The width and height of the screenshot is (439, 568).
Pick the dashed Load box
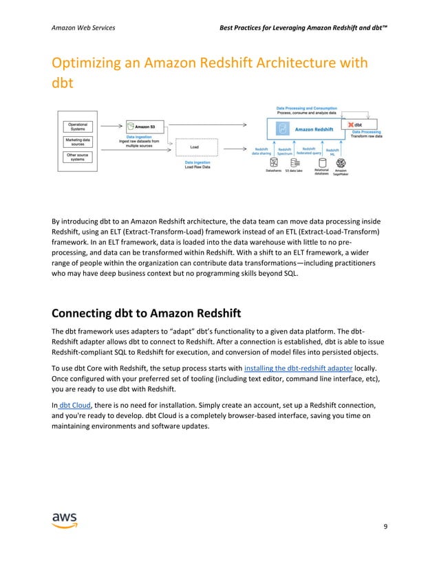coord(195,146)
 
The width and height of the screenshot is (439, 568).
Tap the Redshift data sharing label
coord(261,151)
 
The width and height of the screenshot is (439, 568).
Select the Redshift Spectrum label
coord(285,151)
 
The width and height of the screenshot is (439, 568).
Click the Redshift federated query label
coord(308,151)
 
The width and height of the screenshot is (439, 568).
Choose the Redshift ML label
coord(332,151)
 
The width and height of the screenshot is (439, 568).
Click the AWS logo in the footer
coord(65,521)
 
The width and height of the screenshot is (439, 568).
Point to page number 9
coord(386,527)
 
